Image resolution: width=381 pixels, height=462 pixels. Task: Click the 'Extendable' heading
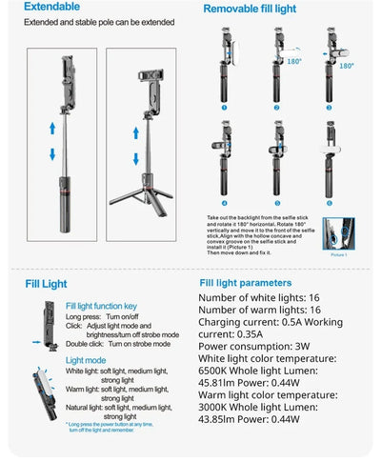pos(45,7)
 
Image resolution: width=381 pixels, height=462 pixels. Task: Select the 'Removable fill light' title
pos(252,9)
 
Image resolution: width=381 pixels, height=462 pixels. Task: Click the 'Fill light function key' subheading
pos(101,305)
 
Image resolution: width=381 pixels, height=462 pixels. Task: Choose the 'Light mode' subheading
pos(86,360)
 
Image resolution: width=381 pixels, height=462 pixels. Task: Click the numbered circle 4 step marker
pos(224,203)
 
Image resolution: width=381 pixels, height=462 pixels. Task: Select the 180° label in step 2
pos(294,60)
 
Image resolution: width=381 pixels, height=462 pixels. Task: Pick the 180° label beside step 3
pos(347,66)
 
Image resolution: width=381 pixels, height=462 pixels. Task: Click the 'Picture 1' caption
pos(338,255)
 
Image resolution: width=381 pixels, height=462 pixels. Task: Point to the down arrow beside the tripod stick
pos(136,157)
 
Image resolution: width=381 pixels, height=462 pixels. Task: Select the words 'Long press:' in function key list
pos(84,315)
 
